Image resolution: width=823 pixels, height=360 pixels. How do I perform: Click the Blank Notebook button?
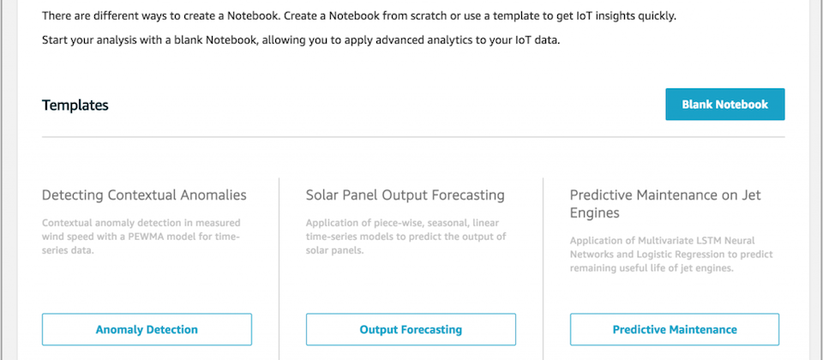[x=725, y=105]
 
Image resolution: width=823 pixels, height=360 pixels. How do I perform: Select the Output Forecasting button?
[x=411, y=329]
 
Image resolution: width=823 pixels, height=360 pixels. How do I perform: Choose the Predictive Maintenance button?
[x=675, y=329]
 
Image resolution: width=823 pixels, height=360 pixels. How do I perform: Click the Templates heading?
[x=75, y=105]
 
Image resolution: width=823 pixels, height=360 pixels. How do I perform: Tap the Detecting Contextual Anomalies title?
[x=144, y=195]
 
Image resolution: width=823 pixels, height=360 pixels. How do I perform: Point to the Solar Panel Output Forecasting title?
[x=405, y=195]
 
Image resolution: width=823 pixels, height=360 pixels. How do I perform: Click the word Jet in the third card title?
[x=751, y=195]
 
